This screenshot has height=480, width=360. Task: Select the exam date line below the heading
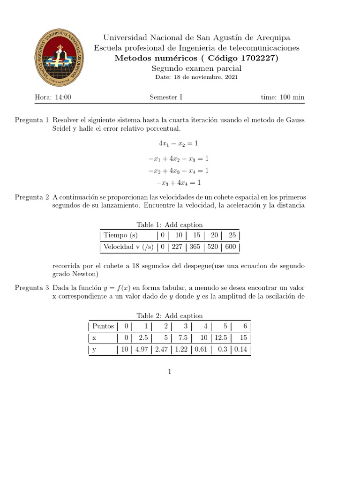click(196, 77)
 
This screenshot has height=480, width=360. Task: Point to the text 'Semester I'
click(166, 97)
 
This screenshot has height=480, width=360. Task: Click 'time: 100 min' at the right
click(283, 97)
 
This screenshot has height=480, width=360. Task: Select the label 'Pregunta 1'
click(32, 120)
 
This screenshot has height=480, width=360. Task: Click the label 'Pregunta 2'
click(32, 197)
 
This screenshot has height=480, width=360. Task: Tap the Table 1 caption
click(170, 225)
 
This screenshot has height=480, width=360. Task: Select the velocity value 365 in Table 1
click(201, 247)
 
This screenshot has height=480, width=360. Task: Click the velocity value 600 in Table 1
click(231, 247)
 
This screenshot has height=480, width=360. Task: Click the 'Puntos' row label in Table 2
click(103, 326)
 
